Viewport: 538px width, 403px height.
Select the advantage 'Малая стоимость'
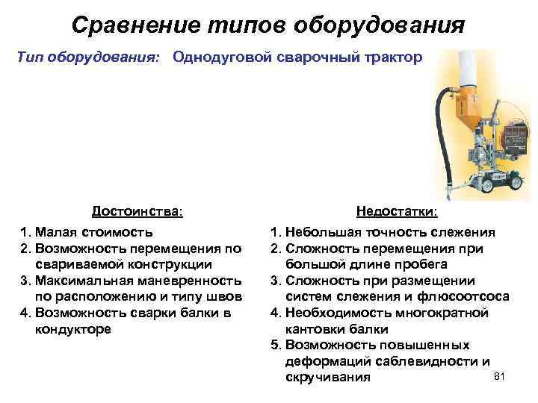click(x=94, y=231)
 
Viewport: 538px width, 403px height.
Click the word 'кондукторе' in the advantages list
click(x=73, y=329)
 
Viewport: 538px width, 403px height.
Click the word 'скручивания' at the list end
click(x=328, y=378)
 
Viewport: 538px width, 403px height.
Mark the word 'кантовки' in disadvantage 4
click(x=315, y=328)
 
